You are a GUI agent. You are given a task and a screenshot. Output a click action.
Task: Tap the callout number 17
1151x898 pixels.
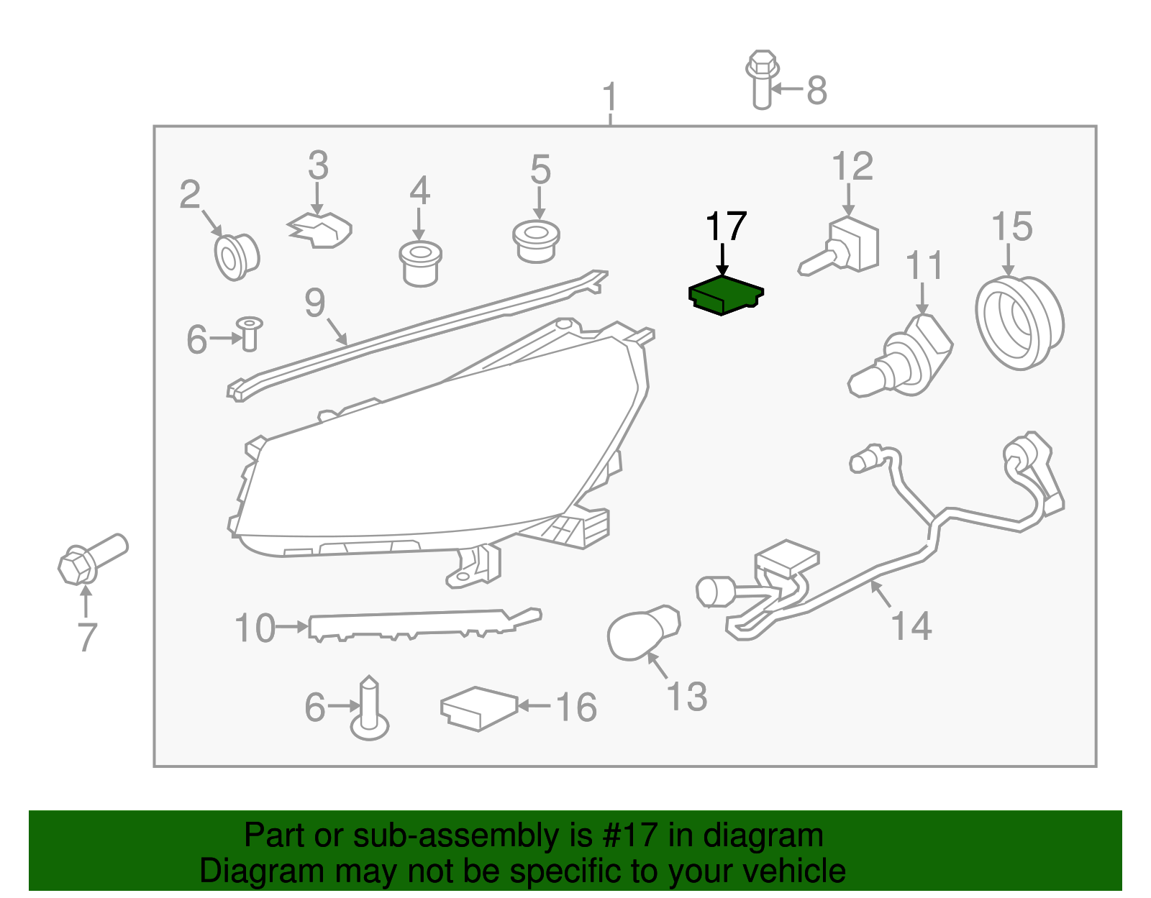click(x=726, y=227)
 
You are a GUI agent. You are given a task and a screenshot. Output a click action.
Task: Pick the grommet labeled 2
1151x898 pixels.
click(x=237, y=256)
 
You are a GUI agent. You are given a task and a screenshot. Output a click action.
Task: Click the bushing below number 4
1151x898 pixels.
click(x=420, y=264)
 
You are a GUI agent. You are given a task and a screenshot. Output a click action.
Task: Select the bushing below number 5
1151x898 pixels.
click(x=536, y=242)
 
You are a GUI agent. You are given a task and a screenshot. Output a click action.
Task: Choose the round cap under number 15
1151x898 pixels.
click(x=1019, y=322)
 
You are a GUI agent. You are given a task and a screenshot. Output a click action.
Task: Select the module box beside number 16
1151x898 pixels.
click(x=478, y=708)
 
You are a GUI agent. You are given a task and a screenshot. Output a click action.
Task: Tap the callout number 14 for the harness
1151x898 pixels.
click(x=911, y=626)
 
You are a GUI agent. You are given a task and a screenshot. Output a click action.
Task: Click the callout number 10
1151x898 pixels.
click(x=255, y=628)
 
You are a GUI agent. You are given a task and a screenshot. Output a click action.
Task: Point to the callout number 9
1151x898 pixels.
click(x=315, y=303)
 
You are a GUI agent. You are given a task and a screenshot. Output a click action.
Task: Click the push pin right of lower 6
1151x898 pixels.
click(x=370, y=712)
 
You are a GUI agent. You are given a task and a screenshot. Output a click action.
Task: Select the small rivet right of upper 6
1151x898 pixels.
click(x=250, y=334)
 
